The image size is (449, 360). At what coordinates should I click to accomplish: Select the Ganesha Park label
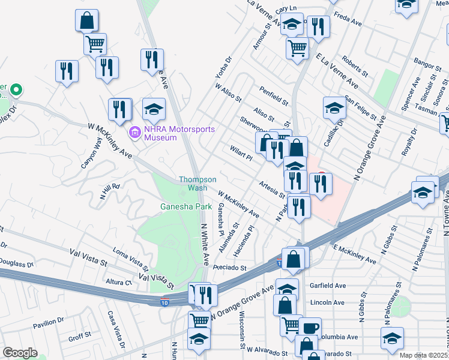(x=186, y=206)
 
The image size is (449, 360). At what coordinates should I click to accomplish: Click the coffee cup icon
(x=311, y=328)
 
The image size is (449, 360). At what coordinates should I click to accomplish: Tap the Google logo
(x=20, y=353)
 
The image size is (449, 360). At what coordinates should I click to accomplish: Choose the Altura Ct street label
(x=119, y=281)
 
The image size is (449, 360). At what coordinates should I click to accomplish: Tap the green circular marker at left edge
(x=16, y=91)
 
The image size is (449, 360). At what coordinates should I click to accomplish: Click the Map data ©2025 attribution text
(x=424, y=355)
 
